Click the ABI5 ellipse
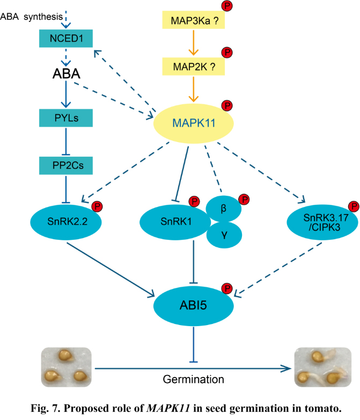point(194,304)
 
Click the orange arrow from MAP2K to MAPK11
point(195,89)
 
